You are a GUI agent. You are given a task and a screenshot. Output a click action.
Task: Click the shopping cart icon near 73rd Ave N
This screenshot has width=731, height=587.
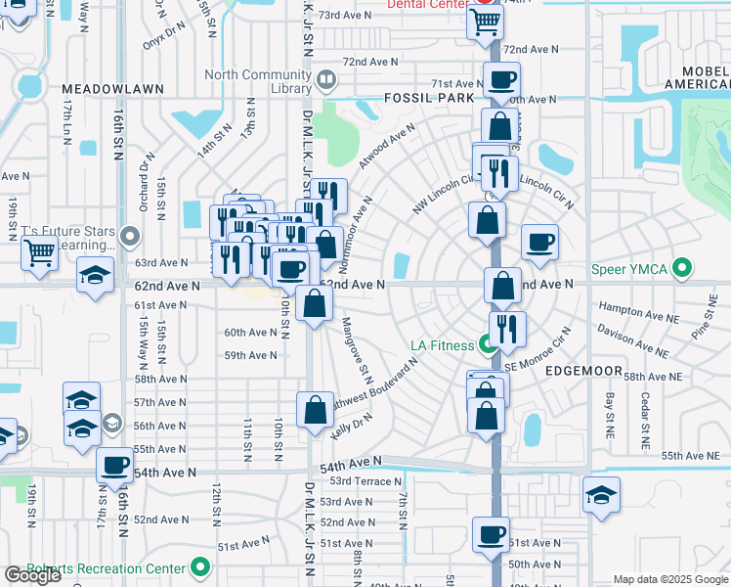[x=485, y=21]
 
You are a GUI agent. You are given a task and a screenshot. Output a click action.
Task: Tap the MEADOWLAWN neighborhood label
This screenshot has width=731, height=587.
[x=111, y=88]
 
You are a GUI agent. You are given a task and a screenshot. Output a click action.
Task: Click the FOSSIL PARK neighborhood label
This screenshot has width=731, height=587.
[x=429, y=98]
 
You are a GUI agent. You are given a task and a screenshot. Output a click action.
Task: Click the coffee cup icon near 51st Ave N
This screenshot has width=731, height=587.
[x=491, y=534]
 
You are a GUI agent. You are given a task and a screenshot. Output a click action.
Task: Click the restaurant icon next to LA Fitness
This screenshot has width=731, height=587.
[x=507, y=329]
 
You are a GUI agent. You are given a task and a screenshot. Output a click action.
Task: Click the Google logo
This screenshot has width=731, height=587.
[x=32, y=575]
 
